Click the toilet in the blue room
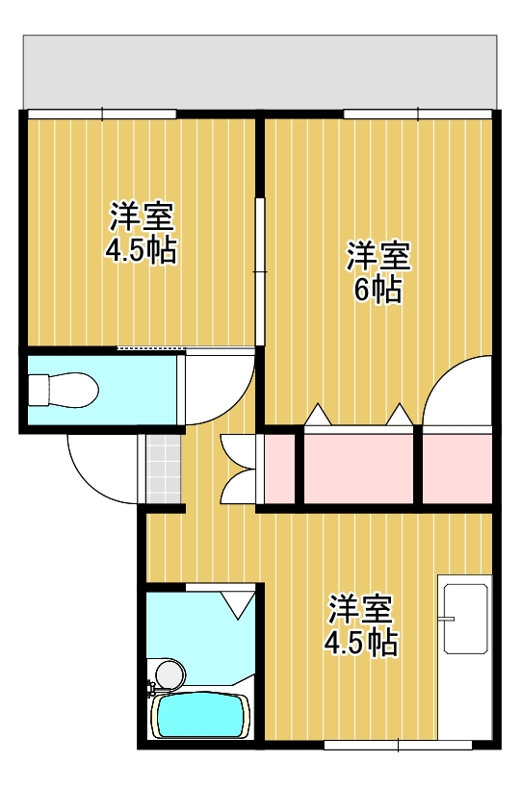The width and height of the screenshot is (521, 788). [63, 391]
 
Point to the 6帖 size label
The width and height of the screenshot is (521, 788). [378, 290]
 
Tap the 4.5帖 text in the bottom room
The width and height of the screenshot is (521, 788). [361, 643]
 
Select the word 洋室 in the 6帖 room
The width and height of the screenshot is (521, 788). [378, 256]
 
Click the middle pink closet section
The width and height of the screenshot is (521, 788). [360, 468]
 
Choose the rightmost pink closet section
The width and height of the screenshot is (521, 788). [456, 468]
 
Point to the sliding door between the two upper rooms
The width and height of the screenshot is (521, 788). [258, 269]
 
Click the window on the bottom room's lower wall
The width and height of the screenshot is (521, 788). [398, 744]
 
